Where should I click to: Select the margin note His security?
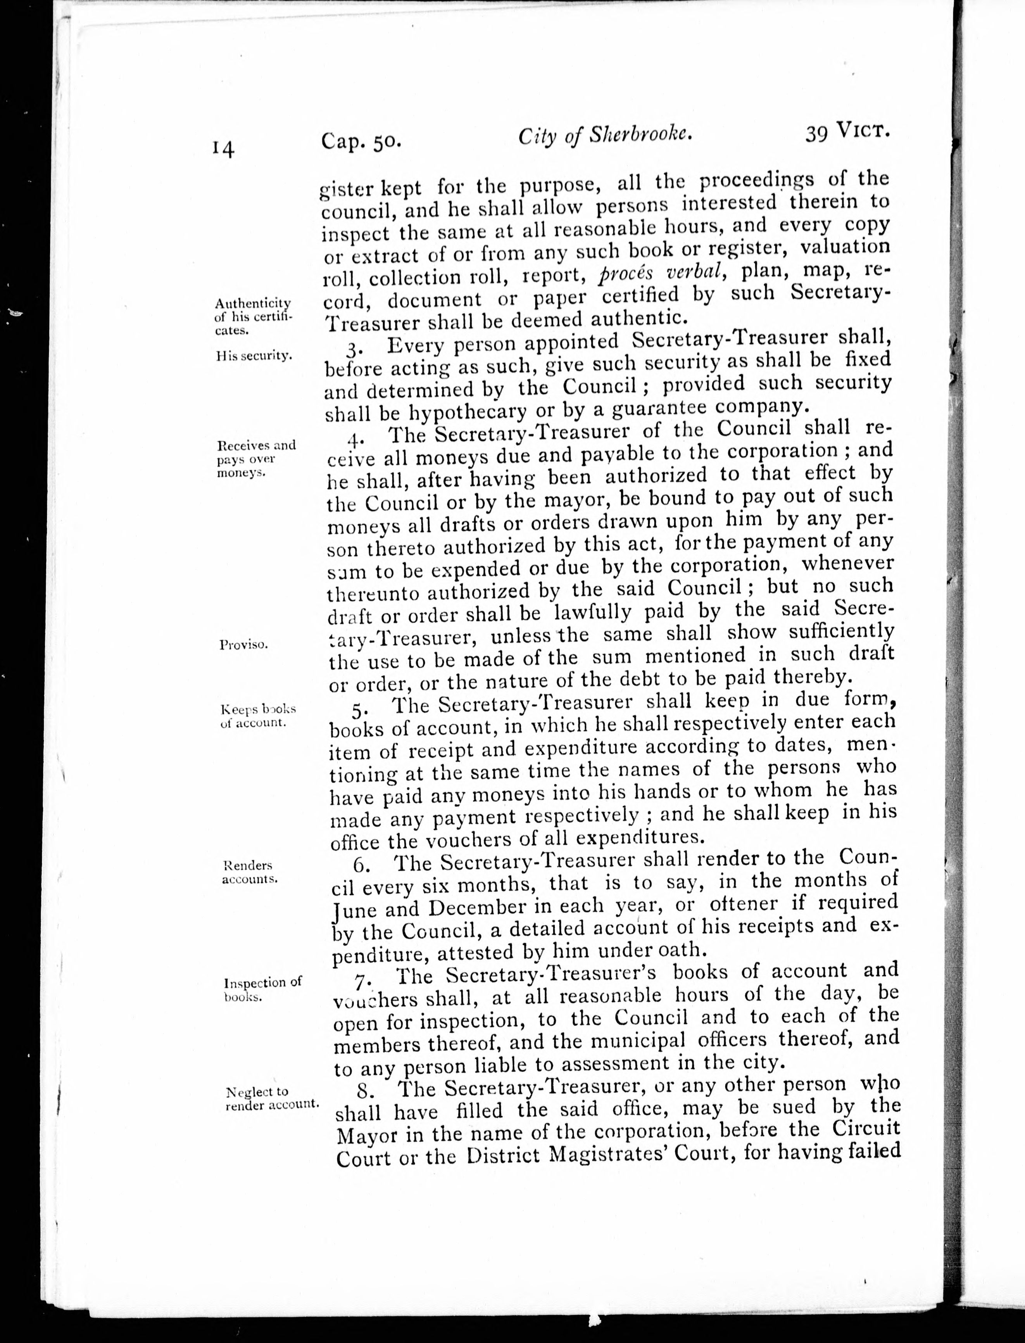(253, 356)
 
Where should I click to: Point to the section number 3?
(353, 348)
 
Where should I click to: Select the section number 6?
(359, 865)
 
